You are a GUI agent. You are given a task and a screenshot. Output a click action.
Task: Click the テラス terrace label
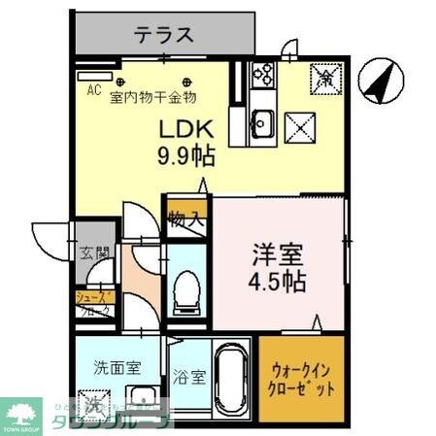[x=163, y=36]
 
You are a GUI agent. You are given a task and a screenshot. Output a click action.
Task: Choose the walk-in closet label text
[x=301, y=380]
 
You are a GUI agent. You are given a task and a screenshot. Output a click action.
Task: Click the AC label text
[x=94, y=90]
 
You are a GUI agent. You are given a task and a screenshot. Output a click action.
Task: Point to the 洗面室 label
[x=117, y=368]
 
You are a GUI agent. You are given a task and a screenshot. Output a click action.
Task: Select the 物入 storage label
[x=184, y=218]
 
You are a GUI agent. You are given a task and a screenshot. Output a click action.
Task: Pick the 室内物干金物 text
[x=153, y=96]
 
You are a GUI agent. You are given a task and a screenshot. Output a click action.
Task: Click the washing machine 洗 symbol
[x=93, y=405]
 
